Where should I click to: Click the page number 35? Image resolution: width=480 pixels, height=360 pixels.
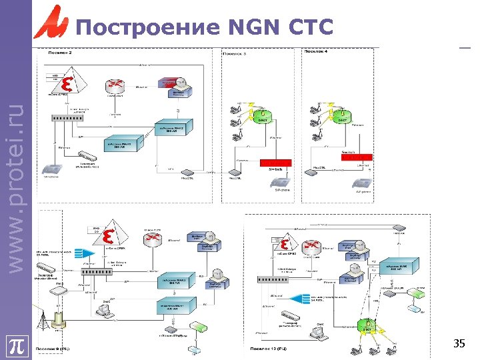(x=459, y=344)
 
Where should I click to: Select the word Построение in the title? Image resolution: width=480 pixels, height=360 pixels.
(x=148, y=27)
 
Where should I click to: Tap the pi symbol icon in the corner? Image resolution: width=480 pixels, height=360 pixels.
(x=16, y=347)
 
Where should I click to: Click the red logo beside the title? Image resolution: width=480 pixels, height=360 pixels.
(x=51, y=22)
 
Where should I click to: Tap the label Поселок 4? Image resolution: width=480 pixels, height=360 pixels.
(x=316, y=52)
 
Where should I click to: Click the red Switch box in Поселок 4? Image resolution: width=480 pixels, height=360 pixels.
(x=357, y=157)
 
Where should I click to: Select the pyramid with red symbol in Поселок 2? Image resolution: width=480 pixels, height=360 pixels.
(x=67, y=83)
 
